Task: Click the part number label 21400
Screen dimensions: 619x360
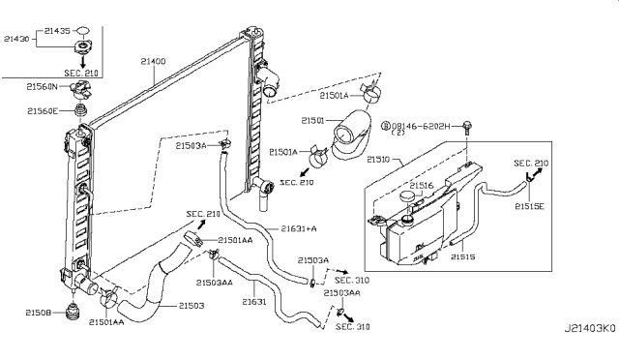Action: point(154,61)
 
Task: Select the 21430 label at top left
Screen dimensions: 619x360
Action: point(16,39)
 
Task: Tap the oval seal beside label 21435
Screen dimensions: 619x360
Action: point(82,30)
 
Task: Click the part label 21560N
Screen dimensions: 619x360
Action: point(42,86)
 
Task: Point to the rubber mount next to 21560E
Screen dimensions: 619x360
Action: point(80,110)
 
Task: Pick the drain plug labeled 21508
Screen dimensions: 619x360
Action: point(73,311)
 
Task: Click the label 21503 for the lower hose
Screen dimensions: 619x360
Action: point(192,306)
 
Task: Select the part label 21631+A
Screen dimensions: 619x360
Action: point(299,228)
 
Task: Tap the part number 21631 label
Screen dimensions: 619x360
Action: point(254,302)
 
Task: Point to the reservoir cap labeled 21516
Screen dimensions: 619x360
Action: point(407,196)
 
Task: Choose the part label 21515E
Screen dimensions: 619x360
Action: point(529,206)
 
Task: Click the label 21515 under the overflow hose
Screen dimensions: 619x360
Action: point(463,256)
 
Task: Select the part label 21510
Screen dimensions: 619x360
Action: point(378,160)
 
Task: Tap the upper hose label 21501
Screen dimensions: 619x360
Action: point(312,121)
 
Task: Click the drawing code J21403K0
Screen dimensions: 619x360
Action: point(589,328)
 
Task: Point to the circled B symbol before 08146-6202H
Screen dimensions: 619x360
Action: point(385,126)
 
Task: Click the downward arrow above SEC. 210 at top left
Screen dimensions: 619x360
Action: point(83,61)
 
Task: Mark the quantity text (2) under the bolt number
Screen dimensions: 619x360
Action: point(398,133)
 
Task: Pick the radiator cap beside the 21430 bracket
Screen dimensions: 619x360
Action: point(83,46)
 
